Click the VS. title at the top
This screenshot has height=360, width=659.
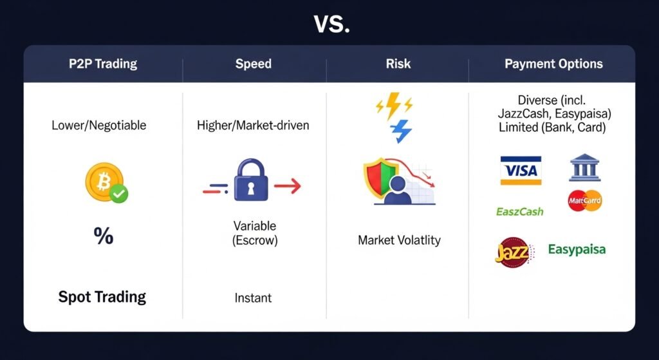[x=331, y=25]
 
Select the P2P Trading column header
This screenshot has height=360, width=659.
[x=103, y=64]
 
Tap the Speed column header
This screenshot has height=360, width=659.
[x=254, y=64]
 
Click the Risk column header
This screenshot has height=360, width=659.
[x=398, y=64]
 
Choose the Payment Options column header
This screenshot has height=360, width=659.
[x=553, y=64]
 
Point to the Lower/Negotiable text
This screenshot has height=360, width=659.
[x=99, y=126]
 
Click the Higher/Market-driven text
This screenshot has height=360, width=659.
[x=253, y=126]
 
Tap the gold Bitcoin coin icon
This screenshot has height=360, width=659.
[x=104, y=182]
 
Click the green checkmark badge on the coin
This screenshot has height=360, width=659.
[x=119, y=194]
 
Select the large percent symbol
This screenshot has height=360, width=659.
[x=104, y=236]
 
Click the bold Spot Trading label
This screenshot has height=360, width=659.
[x=102, y=297]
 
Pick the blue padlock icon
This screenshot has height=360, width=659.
[x=251, y=180]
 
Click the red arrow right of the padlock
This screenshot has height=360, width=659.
[x=288, y=185]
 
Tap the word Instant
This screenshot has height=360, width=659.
[x=253, y=298]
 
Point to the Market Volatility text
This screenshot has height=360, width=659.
[x=399, y=241]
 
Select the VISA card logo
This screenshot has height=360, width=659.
[x=521, y=170]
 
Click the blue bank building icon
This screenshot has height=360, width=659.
[x=584, y=167]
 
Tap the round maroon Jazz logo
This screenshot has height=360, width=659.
[x=514, y=252]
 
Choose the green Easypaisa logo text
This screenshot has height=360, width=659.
[x=577, y=250]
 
